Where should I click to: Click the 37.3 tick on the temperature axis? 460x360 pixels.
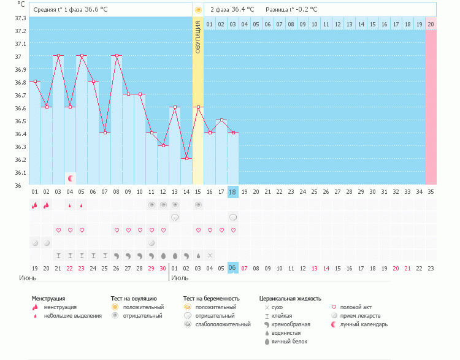click(x=20, y=18)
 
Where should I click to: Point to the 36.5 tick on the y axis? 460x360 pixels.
click(x=20, y=121)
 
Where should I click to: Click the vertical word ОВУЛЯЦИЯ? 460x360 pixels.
click(x=197, y=37)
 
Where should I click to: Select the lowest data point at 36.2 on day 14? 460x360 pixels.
click(x=186, y=158)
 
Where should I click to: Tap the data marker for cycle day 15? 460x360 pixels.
click(x=197, y=107)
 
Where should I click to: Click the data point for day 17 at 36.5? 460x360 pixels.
click(x=221, y=120)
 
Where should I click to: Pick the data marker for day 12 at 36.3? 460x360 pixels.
click(x=163, y=145)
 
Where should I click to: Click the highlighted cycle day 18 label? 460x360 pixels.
click(x=232, y=191)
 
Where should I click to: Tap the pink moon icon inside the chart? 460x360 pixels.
click(x=71, y=178)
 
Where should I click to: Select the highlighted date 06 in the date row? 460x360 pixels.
click(x=232, y=268)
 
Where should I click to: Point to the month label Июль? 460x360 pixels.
click(x=180, y=278)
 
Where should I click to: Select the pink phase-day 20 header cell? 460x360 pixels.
click(x=431, y=24)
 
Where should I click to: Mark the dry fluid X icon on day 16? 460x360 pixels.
click(x=210, y=255)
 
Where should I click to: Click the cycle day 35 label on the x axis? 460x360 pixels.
click(x=431, y=191)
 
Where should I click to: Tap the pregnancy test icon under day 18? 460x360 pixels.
click(x=233, y=217)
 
